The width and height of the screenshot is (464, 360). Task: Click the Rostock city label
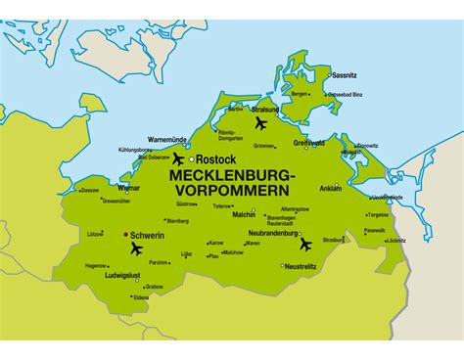[x=215, y=158]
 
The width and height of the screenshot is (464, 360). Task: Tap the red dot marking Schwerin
[x=123, y=235]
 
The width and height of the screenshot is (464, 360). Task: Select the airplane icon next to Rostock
[x=178, y=158]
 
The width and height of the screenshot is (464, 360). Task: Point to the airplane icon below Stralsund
[x=260, y=123]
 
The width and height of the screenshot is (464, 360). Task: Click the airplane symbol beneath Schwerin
[x=136, y=249]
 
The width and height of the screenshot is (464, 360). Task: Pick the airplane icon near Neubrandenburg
[x=305, y=244]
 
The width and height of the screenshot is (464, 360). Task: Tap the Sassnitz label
[x=344, y=75]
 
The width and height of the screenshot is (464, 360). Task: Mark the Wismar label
[x=128, y=188]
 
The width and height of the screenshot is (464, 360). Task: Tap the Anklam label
[x=331, y=188]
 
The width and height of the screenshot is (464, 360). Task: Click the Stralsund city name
[x=265, y=110]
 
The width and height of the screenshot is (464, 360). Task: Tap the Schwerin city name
[x=148, y=236]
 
